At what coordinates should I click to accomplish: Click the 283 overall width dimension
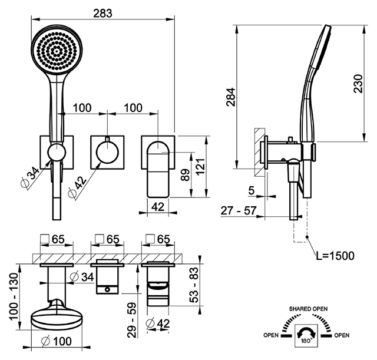click(x=102, y=13)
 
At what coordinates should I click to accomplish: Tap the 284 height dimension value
click(x=230, y=97)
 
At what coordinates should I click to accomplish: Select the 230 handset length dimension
click(x=358, y=84)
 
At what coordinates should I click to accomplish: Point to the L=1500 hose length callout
click(x=335, y=256)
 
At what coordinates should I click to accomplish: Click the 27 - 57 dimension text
click(x=239, y=211)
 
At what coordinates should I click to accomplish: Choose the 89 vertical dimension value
click(x=186, y=175)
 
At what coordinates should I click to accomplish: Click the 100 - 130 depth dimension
click(x=14, y=296)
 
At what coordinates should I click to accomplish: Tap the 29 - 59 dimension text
click(x=131, y=320)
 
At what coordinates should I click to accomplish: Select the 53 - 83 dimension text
click(x=194, y=285)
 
